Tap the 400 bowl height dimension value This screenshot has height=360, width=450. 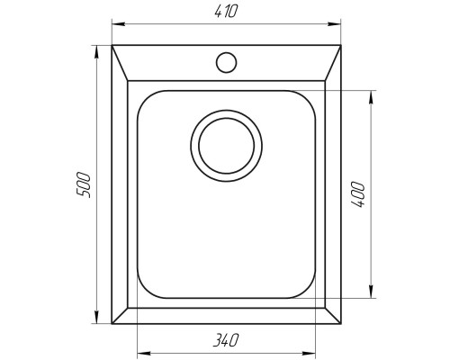[358, 194]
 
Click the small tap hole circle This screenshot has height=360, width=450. [225, 62]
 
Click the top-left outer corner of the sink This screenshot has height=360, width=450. [111, 44]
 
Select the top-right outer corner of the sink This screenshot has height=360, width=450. [344, 44]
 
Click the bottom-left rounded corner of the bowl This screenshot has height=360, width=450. [143, 291]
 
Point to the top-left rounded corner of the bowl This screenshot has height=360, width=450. [143, 96]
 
